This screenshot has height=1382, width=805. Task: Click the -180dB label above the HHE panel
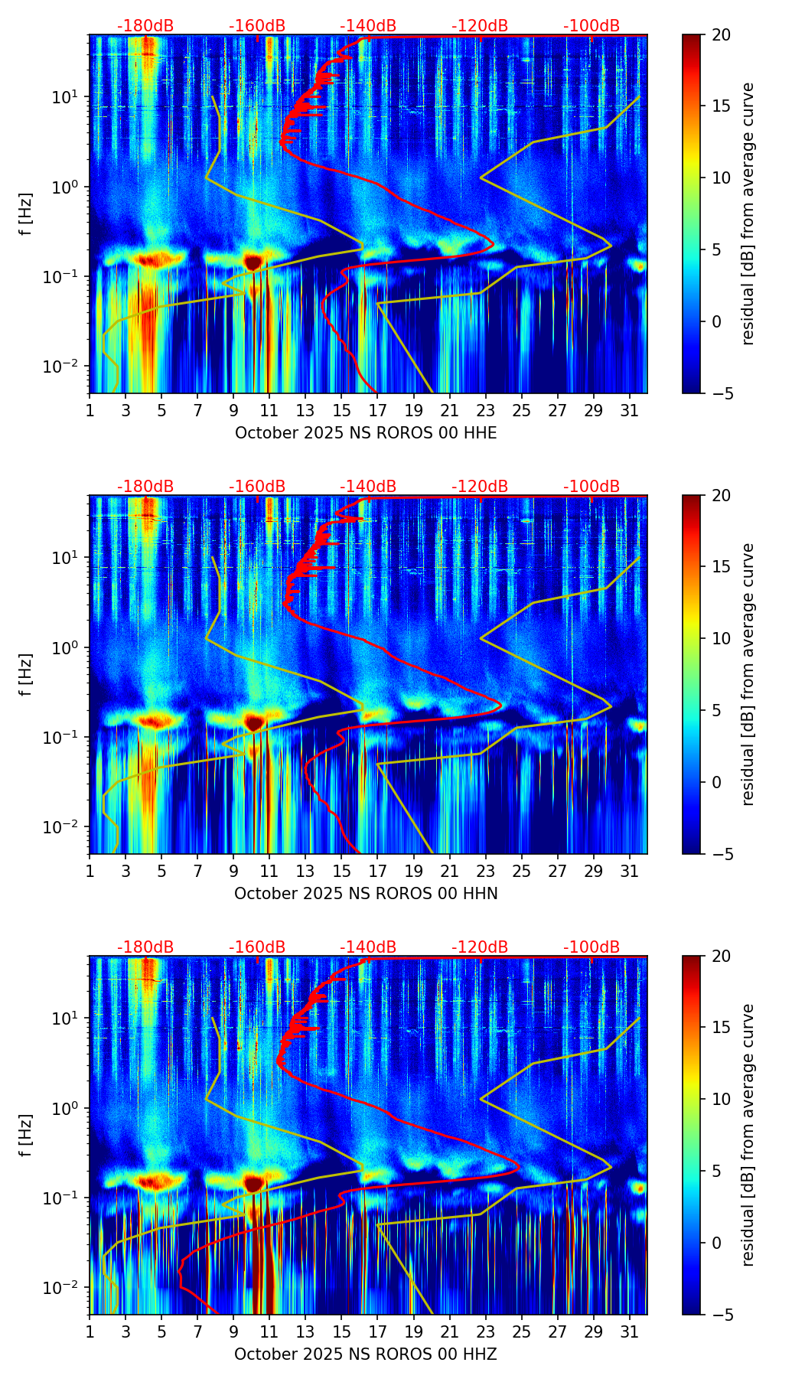145,26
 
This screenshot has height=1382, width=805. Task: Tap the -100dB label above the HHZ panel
592,947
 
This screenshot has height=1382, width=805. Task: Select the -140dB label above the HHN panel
368,487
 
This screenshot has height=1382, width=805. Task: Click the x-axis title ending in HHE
366,433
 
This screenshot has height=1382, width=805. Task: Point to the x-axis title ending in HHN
366,894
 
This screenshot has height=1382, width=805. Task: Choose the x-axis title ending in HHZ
366,1354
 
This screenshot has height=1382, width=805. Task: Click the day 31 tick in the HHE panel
630,410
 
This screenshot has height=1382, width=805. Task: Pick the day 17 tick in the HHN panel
378,871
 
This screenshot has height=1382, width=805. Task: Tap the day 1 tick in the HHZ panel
90,1331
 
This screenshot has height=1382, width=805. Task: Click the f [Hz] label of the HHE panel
26,214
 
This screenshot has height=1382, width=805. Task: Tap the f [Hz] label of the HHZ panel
26,1136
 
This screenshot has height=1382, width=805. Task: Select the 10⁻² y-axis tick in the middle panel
67,827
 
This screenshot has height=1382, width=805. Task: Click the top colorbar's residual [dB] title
748,214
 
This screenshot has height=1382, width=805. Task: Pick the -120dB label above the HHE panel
480,26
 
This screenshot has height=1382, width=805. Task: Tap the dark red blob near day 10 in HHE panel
253,262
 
